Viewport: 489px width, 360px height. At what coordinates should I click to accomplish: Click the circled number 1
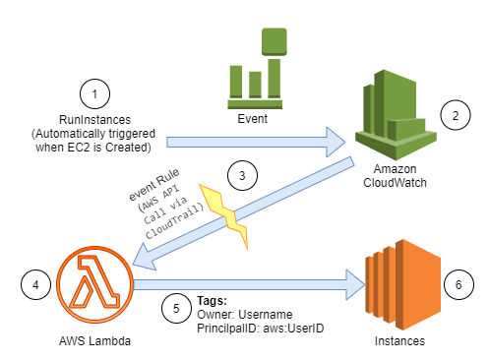pos(95,95)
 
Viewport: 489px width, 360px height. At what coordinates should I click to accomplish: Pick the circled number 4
pos(36,286)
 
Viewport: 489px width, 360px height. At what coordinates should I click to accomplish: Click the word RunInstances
pos(95,120)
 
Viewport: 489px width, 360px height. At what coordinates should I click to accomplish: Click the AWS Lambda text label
pos(94,341)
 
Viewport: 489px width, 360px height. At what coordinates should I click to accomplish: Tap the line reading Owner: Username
pos(240,314)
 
